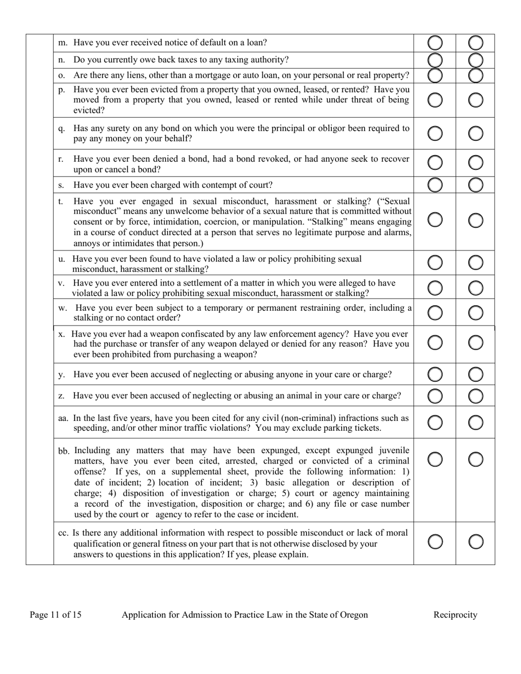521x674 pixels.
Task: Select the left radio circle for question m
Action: (x=435, y=43)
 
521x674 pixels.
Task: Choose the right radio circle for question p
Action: (x=476, y=100)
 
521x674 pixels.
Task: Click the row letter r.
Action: (x=61, y=159)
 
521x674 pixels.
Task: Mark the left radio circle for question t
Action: (x=435, y=220)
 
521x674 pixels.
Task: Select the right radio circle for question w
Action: (x=476, y=312)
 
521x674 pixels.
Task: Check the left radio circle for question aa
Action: (x=435, y=422)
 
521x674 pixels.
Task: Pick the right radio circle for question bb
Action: (x=476, y=459)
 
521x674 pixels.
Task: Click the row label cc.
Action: (x=64, y=533)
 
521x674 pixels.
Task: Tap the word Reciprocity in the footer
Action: (x=455, y=615)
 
